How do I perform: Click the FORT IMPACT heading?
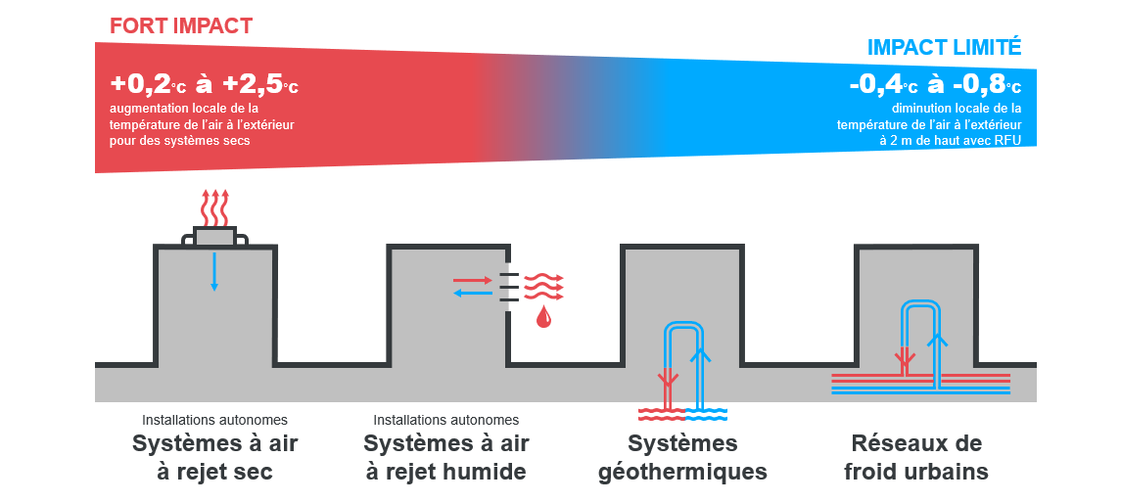tap(181, 25)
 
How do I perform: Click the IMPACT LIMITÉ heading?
tap(944, 47)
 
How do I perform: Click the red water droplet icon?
tap(543, 316)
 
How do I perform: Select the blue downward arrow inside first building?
tap(214, 271)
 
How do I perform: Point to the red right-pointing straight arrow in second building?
tap(473, 280)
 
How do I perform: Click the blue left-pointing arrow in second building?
tap(473, 293)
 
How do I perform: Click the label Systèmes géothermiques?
tap(682, 457)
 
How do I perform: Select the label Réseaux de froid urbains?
tap(915, 457)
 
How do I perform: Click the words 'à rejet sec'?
tap(214, 472)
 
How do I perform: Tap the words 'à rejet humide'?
tap(445, 472)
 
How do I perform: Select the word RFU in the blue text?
tap(1004, 140)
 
